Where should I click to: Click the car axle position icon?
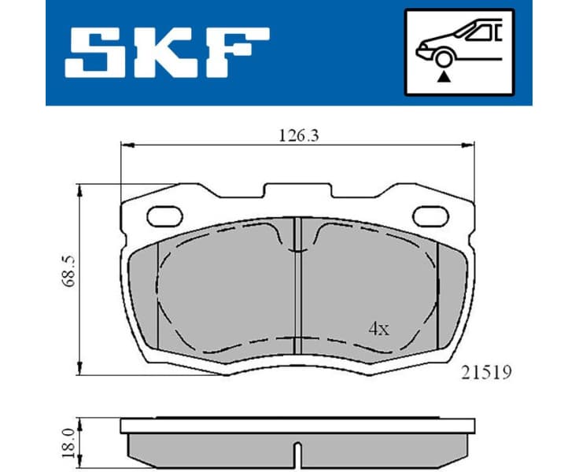coord(458,52)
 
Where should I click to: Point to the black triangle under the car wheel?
coord(444,77)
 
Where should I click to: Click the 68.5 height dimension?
coord(70,270)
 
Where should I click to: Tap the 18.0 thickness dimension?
coord(70,443)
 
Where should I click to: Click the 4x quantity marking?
coord(378,329)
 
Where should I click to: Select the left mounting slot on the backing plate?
coord(164,213)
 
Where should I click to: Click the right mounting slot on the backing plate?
coord(432,213)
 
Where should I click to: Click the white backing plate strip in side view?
coord(297,426)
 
